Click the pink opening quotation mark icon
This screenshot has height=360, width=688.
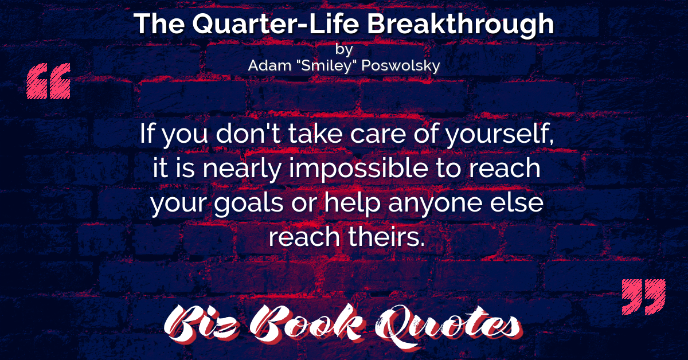(x=49, y=81)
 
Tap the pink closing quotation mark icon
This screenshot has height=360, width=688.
(x=644, y=297)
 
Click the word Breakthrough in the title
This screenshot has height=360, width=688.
(x=460, y=24)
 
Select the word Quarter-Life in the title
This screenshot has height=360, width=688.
(x=276, y=24)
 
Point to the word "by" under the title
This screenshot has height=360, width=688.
(x=344, y=49)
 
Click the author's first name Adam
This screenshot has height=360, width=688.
(x=269, y=65)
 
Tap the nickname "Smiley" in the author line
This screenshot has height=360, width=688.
(x=326, y=66)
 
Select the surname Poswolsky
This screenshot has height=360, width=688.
(x=401, y=66)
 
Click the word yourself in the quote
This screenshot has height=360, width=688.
(x=500, y=134)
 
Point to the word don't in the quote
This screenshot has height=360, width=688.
(x=248, y=134)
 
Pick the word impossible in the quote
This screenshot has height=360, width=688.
(x=358, y=169)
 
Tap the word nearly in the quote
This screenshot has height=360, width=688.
(x=242, y=169)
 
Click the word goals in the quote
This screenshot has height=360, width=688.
(x=248, y=203)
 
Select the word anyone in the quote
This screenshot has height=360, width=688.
(x=435, y=204)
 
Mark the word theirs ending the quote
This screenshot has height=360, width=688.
(x=386, y=237)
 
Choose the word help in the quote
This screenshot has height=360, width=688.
(x=352, y=203)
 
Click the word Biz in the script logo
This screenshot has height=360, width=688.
(x=201, y=323)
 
